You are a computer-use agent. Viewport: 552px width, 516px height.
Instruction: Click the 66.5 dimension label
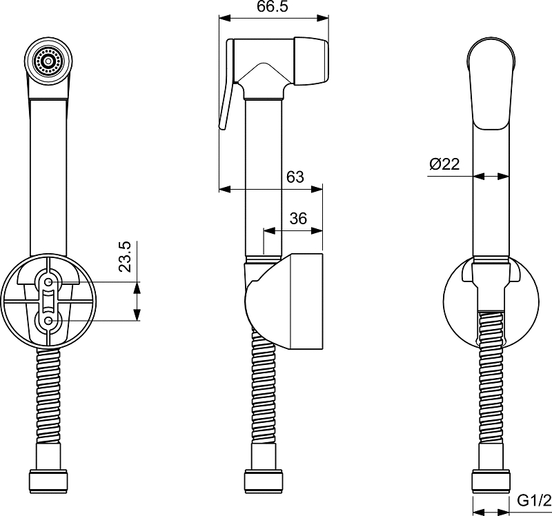coord(272,6)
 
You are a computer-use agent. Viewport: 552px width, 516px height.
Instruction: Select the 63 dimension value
coord(295,177)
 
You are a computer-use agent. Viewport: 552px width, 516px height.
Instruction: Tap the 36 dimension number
coord(298,219)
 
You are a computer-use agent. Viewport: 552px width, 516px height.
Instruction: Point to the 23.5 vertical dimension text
coord(125,256)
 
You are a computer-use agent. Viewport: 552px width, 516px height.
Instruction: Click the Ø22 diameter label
coord(444,164)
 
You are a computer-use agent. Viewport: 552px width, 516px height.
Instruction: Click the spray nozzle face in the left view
coord(48,61)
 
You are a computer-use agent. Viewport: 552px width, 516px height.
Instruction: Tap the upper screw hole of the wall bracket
coord(48,282)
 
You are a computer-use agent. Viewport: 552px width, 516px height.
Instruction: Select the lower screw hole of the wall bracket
coord(48,321)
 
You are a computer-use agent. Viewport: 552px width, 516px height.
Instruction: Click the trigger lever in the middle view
coord(227,84)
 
